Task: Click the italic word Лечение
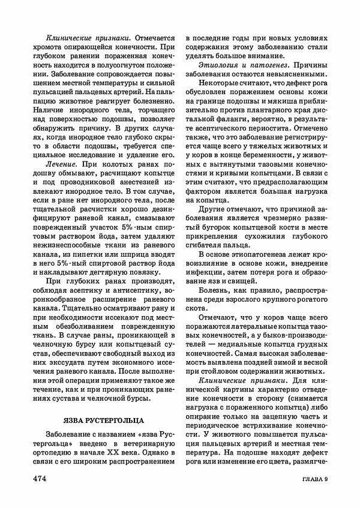(x=62, y=164)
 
